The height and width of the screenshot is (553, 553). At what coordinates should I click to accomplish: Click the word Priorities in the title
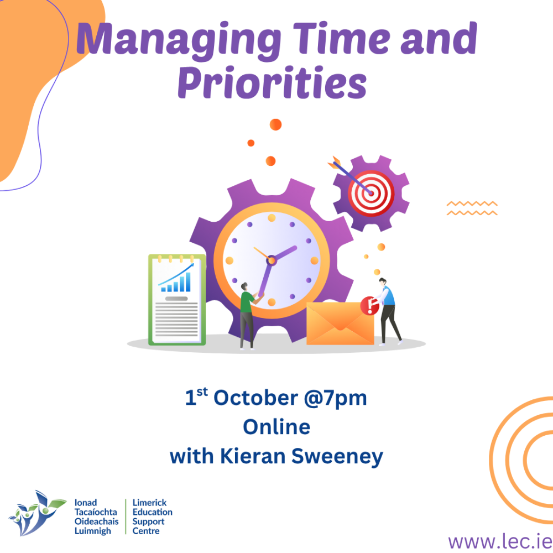coord(272,82)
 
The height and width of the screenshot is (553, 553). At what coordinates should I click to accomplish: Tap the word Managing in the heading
coord(179,40)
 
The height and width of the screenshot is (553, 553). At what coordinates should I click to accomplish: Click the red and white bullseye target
coord(371,193)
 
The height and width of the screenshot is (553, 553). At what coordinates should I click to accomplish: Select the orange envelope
coord(340,323)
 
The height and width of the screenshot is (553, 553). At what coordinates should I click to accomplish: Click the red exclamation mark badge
coord(369,305)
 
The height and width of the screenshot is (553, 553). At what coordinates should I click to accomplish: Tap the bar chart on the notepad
coord(176,278)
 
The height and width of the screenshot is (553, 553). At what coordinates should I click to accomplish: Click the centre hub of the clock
coord(271,260)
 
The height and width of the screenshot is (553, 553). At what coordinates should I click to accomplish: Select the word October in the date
coord(255,398)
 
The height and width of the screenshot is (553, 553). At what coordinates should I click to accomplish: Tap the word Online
coord(276,427)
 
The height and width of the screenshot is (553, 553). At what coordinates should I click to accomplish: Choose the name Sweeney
coord(337,457)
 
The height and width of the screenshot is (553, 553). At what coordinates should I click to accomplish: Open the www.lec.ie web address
coord(500,541)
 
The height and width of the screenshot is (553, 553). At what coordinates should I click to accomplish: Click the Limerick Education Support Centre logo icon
coord(37,513)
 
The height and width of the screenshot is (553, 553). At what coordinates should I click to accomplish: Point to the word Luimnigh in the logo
coord(93,531)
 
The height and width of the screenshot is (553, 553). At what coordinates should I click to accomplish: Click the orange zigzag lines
coord(472,208)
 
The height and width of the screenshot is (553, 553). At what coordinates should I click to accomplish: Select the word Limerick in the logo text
coord(149,503)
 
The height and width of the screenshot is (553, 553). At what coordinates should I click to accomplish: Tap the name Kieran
coord(253,456)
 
